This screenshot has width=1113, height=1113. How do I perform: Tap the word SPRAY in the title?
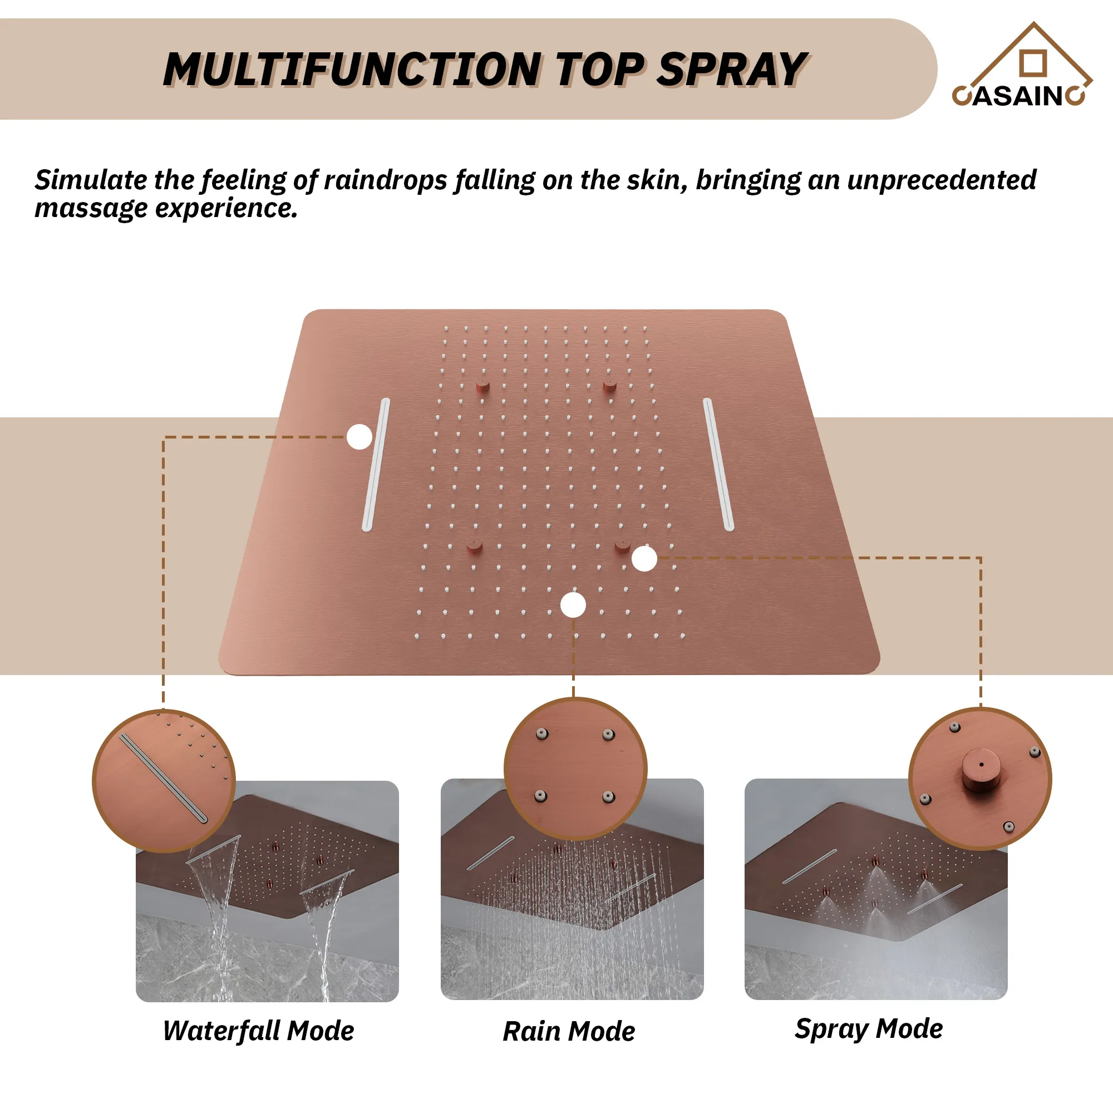(x=733, y=70)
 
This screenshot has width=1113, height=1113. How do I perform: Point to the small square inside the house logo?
(x=1033, y=63)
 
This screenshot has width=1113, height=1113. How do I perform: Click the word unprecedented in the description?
(x=942, y=180)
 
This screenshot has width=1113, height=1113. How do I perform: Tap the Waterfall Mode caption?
(x=259, y=1031)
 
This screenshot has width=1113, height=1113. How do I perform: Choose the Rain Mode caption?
(x=569, y=1031)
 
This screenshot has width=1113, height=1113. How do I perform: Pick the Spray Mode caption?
(x=869, y=1029)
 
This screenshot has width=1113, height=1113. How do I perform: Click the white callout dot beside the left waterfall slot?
(x=359, y=437)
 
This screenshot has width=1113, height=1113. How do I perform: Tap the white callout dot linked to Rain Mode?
(x=573, y=605)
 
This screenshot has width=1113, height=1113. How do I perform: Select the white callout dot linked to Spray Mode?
(x=644, y=559)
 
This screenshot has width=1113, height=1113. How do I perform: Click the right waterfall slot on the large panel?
(x=718, y=464)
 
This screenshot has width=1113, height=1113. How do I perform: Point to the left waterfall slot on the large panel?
(x=376, y=464)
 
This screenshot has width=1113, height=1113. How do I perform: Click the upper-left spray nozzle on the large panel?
(x=482, y=386)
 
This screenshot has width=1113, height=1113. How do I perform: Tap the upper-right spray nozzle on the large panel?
(x=609, y=386)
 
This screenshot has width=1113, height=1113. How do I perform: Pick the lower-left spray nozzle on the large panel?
(x=475, y=546)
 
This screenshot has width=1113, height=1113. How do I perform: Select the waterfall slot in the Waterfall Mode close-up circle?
(x=163, y=778)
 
